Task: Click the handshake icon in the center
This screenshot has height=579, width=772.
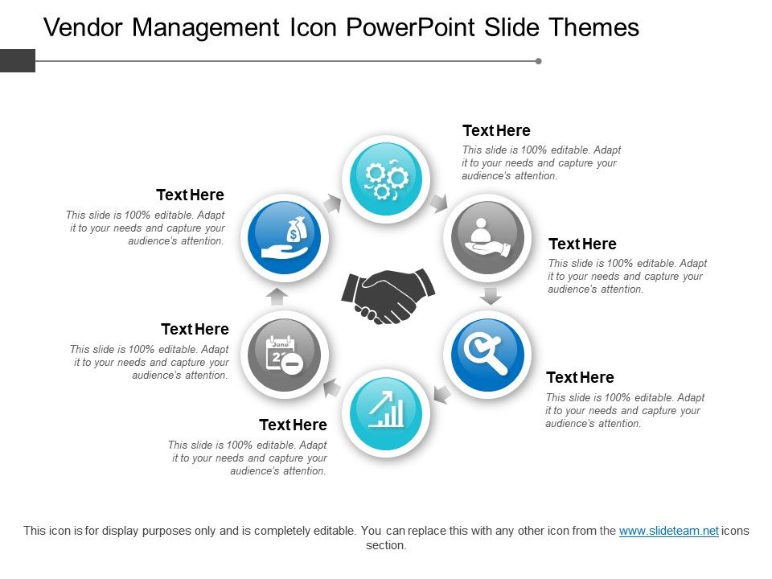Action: pyautogui.click(x=388, y=295)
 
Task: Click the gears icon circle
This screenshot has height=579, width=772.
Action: pyautogui.click(x=386, y=179)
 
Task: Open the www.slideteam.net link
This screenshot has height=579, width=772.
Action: pyautogui.click(x=668, y=531)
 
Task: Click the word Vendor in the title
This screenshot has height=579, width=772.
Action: pyautogui.click(x=83, y=28)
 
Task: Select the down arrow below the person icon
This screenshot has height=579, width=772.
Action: pyautogui.click(x=491, y=296)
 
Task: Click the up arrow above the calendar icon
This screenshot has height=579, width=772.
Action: pyautogui.click(x=277, y=296)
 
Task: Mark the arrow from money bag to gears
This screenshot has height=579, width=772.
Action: pyautogui.click(x=331, y=203)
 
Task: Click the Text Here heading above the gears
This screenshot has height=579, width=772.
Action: pyautogui.click(x=496, y=130)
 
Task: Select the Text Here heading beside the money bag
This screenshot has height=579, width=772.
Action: pyautogui.click(x=190, y=195)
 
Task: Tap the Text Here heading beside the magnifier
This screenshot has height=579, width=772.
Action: pyautogui.click(x=580, y=377)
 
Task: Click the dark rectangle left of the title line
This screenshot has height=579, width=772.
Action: pyautogui.click(x=18, y=60)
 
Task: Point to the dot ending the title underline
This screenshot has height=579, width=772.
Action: pyautogui.click(x=538, y=60)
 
